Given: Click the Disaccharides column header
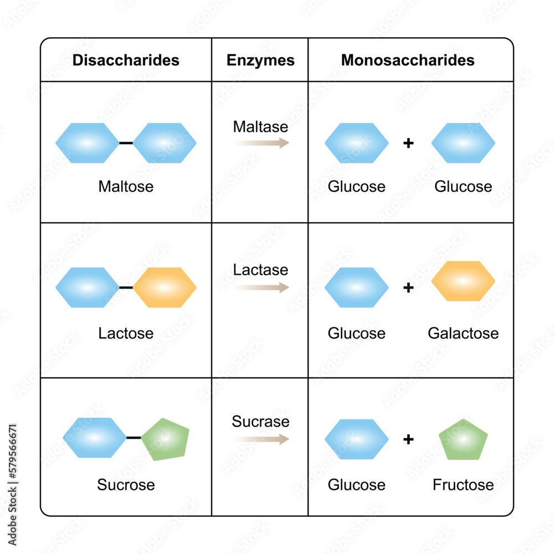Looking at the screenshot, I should (126, 60).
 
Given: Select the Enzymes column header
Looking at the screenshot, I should (260, 60).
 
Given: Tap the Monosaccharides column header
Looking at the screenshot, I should (408, 60).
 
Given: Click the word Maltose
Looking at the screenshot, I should (126, 186).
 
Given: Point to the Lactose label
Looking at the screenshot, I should (126, 334).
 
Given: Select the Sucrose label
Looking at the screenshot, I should (126, 485).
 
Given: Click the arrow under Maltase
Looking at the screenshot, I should (261, 143).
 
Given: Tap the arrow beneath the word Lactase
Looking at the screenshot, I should (261, 287).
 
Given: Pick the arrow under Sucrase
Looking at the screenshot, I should (261, 439).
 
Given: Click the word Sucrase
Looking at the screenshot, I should (260, 422).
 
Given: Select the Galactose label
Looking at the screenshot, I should (463, 334).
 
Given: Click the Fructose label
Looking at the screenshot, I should (463, 485).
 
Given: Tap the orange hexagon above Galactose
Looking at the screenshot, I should (463, 281).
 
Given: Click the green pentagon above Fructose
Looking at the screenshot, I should (463, 440).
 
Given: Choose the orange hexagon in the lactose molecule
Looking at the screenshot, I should (165, 288).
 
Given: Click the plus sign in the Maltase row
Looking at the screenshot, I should (408, 143).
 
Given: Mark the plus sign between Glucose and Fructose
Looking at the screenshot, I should (408, 440).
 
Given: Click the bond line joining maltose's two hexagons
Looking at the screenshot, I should (126, 143).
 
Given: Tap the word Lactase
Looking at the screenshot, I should (260, 270).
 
